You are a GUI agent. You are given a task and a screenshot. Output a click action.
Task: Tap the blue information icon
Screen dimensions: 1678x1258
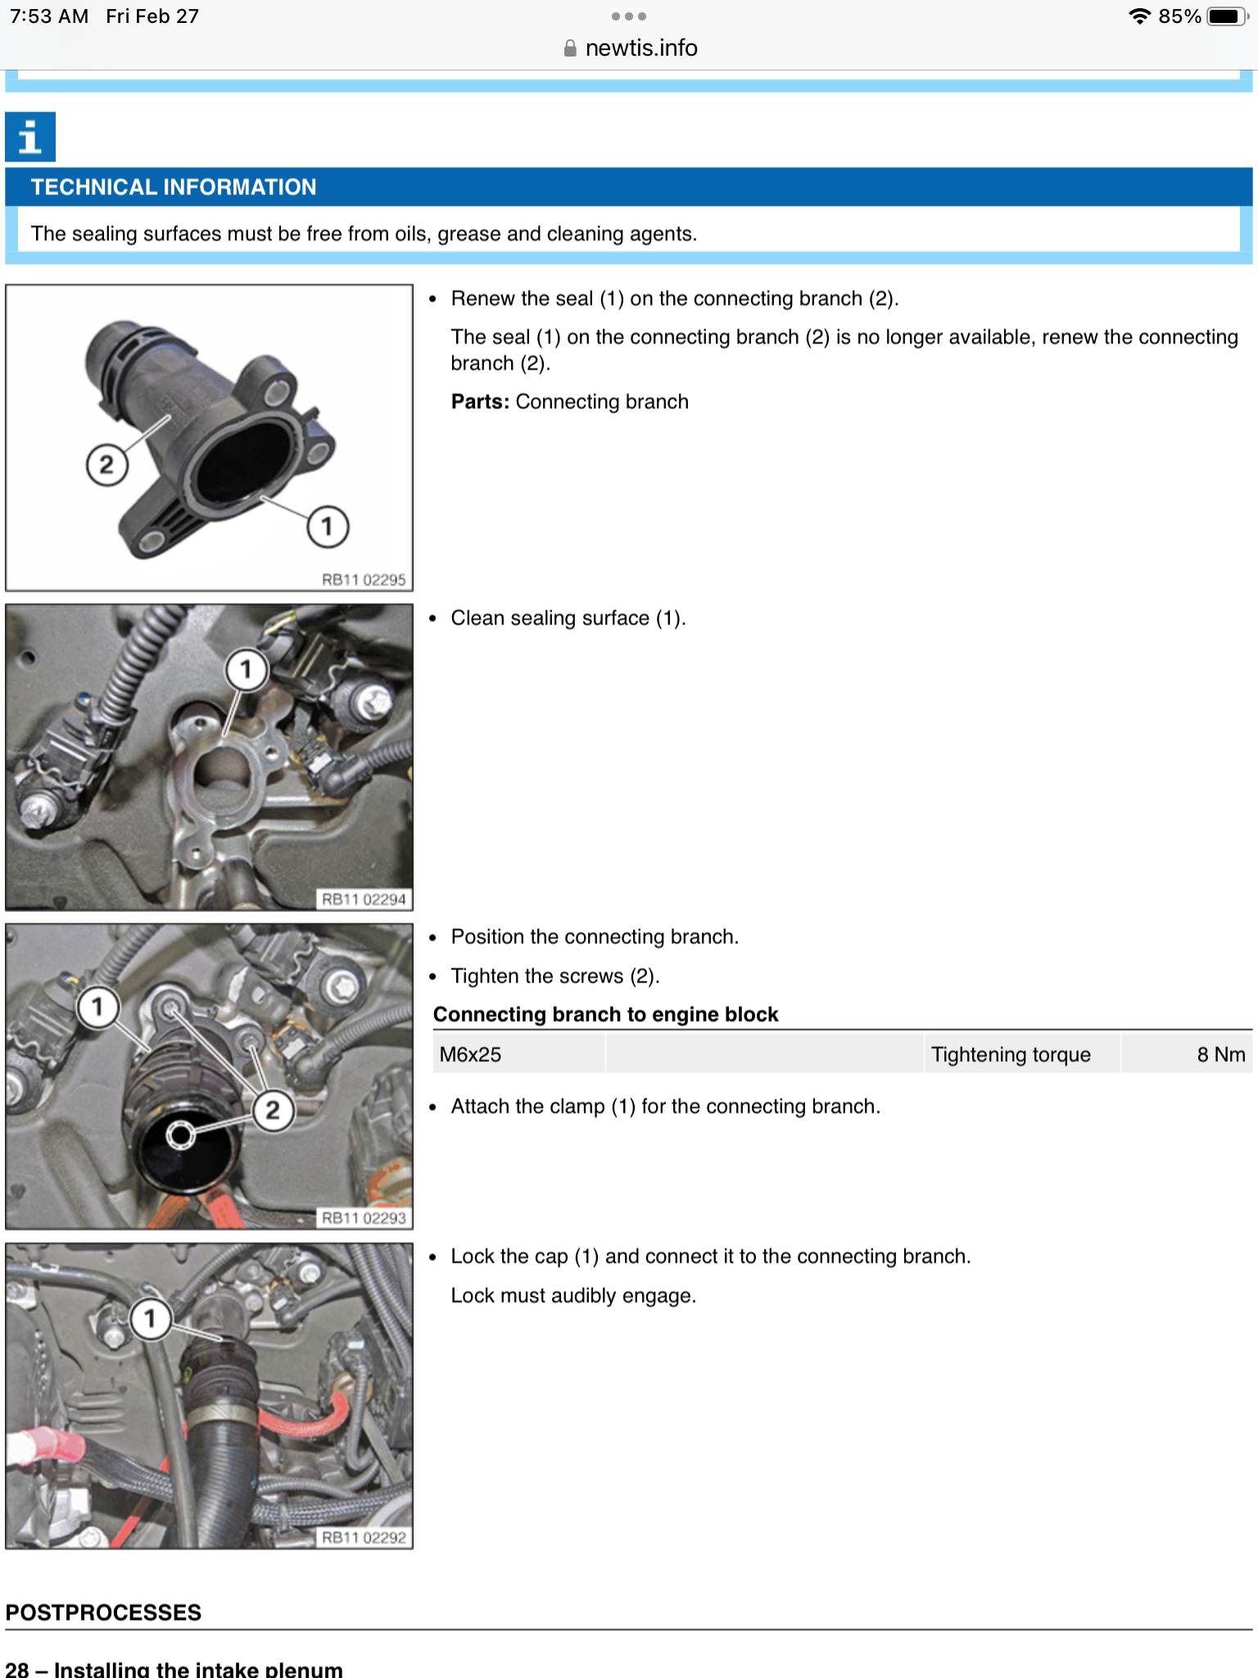coord(30,137)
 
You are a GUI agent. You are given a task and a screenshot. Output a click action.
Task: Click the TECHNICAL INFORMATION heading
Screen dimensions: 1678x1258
coord(174,188)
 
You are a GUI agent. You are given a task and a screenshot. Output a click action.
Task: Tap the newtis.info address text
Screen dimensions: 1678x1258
coord(641,48)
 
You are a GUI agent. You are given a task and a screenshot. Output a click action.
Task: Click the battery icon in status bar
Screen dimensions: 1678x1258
coord(1226,16)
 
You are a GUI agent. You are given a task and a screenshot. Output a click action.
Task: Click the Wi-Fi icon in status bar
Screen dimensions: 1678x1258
coord(1138,16)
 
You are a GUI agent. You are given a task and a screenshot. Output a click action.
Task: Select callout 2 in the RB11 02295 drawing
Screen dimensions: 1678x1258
coord(106,465)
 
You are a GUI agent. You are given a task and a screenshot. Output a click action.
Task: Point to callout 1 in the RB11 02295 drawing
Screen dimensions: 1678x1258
coord(328,526)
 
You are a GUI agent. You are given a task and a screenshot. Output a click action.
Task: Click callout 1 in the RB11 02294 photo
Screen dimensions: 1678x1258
coord(246,670)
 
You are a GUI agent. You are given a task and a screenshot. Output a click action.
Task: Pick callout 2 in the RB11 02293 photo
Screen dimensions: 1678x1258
coord(273,1111)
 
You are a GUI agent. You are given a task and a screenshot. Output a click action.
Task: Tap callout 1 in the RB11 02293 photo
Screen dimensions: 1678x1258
coord(97,1006)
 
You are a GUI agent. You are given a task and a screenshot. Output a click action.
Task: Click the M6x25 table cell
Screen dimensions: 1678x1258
coord(471,1054)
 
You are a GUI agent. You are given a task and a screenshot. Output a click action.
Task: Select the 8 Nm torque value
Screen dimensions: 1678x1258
coord(1220,1054)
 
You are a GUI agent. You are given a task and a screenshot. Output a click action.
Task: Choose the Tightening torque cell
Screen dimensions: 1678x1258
coord(1011,1054)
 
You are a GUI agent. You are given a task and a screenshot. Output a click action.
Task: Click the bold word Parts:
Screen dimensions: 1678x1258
coord(480,401)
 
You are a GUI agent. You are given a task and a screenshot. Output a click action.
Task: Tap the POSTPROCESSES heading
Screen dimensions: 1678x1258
coord(103,1612)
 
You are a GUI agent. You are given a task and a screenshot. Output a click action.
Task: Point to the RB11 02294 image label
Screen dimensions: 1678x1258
coord(364,900)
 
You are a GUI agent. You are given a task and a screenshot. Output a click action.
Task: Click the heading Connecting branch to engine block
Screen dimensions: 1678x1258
coord(605,1014)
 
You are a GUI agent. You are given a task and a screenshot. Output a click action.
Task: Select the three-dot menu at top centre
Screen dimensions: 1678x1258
coord(628,16)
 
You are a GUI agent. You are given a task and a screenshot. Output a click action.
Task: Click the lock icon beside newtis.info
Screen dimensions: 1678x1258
coord(570,49)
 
